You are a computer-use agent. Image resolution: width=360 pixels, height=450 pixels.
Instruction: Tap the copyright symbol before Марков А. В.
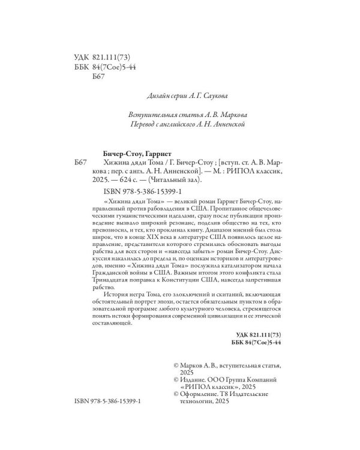point(175,365)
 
